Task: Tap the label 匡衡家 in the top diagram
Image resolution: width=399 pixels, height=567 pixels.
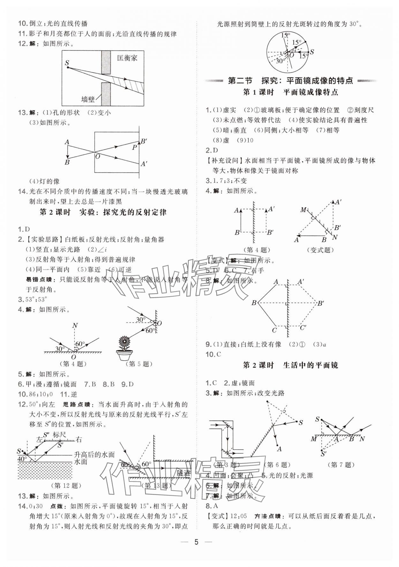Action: tap(127, 58)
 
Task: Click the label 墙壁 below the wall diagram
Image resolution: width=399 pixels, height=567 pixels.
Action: tap(88, 99)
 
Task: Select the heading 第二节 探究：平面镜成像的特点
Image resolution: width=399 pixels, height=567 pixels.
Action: tap(291, 80)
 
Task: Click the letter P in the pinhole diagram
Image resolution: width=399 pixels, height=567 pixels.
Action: tap(134, 147)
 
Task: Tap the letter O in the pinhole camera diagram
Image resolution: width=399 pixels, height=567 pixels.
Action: tap(97, 156)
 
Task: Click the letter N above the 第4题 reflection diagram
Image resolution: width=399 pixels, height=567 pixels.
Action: tap(75, 326)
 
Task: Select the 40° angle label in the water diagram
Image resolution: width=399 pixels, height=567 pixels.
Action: tap(23, 459)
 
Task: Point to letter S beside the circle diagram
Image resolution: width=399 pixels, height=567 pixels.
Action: tap(312, 52)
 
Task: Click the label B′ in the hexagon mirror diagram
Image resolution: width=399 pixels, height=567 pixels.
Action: tap(320, 303)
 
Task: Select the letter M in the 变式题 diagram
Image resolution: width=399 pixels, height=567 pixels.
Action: tap(303, 210)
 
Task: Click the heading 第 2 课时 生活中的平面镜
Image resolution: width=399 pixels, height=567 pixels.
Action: tap(290, 365)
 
